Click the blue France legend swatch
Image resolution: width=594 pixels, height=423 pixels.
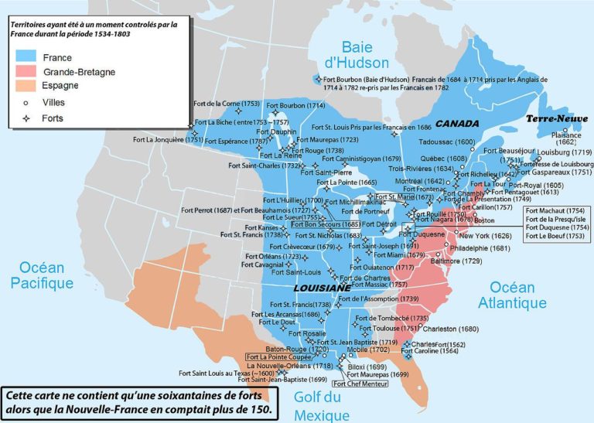tap(26, 58)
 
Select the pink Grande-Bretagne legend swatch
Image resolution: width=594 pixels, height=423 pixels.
tap(26, 73)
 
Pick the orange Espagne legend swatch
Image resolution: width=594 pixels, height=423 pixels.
tap(26, 87)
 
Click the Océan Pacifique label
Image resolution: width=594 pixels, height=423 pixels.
tap(43, 275)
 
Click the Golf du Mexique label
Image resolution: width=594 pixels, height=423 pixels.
tap(323, 407)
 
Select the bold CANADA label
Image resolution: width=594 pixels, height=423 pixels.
tap(457, 124)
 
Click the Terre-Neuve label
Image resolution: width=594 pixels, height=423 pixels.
tap(555, 119)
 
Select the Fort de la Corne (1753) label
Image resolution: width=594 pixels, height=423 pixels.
tap(226, 104)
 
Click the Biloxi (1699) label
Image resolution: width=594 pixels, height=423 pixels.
tap(367, 367)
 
